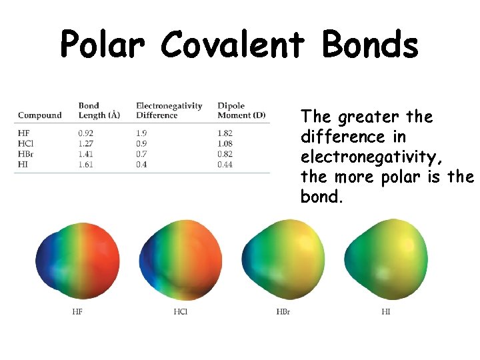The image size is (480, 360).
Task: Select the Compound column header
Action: click(39, 115)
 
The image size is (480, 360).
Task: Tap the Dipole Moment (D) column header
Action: click(241, 111)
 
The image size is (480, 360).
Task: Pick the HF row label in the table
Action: click(23, 133)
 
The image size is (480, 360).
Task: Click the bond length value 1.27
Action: click(87, 143)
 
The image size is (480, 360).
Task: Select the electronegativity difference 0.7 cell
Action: click(142, 154)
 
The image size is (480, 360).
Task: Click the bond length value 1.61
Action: click(87, 165)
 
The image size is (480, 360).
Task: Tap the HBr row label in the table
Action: click(26, 154)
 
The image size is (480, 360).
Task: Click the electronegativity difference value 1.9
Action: click(142, 133)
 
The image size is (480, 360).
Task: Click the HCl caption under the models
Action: click(180, 311)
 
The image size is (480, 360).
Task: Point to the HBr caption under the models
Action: click(283, 311)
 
